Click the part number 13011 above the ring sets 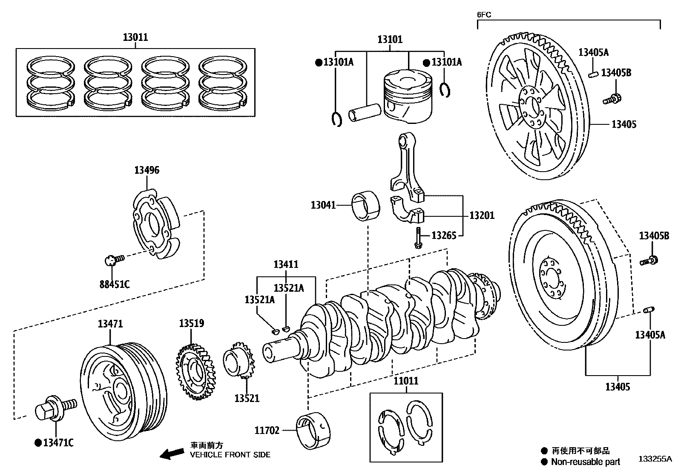pos(135,37)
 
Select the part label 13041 pos(323,205)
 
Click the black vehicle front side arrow pos(172,454)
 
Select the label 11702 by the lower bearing pos(267,431)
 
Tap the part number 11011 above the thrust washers pos(405,381)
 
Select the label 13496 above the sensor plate pos(147,170)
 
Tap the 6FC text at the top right pos(484,14)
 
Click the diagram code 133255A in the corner pos(655,459)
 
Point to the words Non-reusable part pos(586,462)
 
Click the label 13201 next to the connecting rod pos(482,215)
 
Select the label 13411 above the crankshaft pos(286,264)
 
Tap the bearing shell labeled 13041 pos(366,207)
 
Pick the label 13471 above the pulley pos(110,324)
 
